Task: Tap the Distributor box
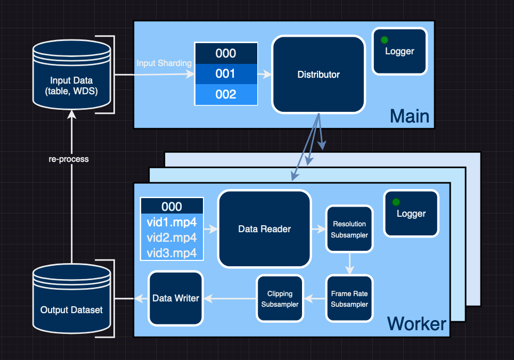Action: pos(319,75)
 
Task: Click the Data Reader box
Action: pos(264,229)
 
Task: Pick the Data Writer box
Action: pos(176,298)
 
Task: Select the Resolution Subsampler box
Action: pos(349,229)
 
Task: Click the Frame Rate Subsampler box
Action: pos(349,298)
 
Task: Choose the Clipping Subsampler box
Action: pos(280,298)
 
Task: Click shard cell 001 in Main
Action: pos(226,74)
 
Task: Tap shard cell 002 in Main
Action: pos(226,94)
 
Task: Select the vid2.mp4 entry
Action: pos(172,238)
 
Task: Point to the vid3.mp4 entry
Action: pos(172,252)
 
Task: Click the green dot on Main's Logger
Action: pos(384,39)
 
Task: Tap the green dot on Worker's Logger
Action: pos(396,202)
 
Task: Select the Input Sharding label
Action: pos(164,63)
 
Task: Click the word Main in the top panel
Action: pos(409,116)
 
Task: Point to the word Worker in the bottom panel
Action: pos(417,323)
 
